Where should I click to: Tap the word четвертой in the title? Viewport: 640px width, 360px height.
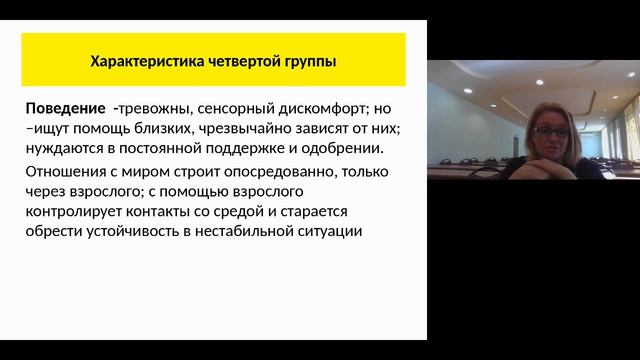tap(233, 62)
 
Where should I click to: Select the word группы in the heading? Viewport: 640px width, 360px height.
tap(307, 62)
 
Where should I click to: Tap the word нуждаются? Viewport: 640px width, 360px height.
tap(67, 149)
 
